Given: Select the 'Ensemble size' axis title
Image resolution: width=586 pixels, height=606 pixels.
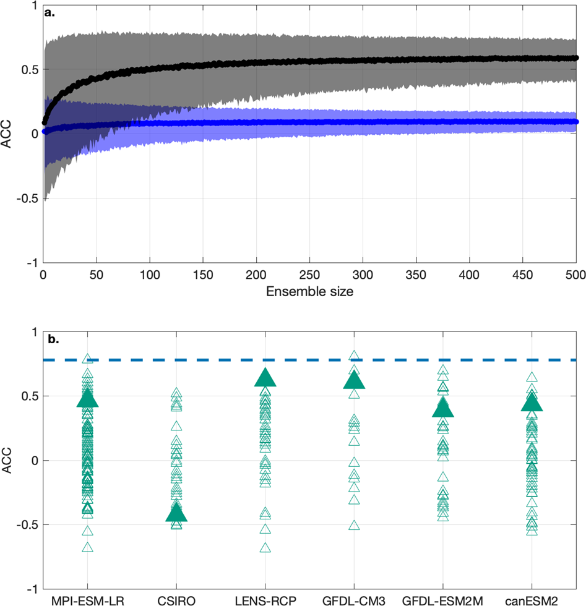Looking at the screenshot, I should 309,292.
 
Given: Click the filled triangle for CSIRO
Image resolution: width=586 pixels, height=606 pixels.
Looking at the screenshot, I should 176,513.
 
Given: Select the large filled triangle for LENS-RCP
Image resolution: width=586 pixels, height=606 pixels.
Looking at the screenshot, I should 265,378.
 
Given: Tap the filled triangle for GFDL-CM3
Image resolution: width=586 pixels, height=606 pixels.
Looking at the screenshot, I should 354,380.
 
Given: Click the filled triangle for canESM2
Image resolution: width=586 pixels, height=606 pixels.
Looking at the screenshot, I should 532,403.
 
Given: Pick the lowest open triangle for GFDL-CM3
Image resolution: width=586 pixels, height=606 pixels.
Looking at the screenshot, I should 354,526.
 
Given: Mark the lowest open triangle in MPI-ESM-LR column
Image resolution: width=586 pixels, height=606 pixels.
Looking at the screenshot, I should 87,547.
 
